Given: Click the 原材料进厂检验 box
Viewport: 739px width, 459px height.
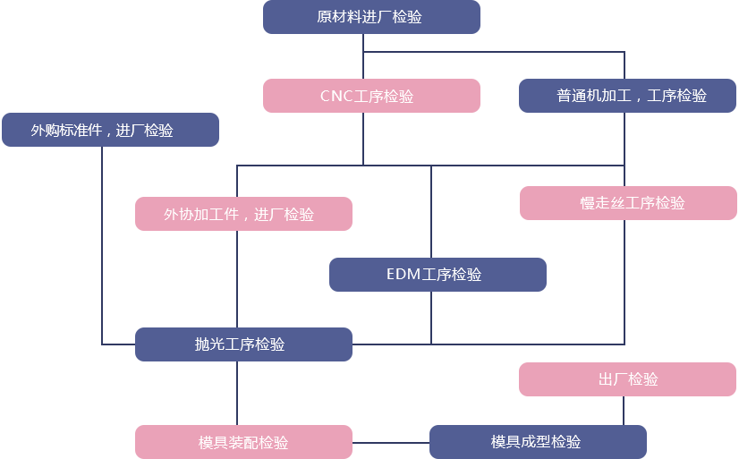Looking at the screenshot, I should [370, 18].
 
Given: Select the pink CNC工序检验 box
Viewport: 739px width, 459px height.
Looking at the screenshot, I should [370, 96].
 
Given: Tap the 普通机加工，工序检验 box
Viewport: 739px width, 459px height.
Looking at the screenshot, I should [626, 96].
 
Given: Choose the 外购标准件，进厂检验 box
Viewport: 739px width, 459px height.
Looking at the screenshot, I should [110, 130].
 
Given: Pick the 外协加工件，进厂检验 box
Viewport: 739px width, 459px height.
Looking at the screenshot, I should [242, 214].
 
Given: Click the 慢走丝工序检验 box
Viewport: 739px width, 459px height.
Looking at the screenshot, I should [627, 203].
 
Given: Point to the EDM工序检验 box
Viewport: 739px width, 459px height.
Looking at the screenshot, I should [437, 275].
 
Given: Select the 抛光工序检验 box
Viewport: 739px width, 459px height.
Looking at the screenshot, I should [242, 344].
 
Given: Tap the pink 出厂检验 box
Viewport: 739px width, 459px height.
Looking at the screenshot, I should [627, 379].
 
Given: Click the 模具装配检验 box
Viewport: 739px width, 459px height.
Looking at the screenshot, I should [242, 442].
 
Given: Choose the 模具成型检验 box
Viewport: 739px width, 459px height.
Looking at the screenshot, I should [537, 442].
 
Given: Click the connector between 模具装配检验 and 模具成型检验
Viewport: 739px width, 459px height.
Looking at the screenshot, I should [390, 442].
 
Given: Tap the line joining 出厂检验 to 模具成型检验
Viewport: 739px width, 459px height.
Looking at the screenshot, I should [624, 410].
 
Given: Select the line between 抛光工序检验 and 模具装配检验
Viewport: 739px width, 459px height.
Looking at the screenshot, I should [237, 393].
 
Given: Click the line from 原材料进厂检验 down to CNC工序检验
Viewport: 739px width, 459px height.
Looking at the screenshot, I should [362, 55].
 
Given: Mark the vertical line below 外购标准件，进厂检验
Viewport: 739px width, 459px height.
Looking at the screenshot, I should [101, 242].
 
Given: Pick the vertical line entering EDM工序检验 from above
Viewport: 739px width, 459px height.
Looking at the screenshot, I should [430, 210].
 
